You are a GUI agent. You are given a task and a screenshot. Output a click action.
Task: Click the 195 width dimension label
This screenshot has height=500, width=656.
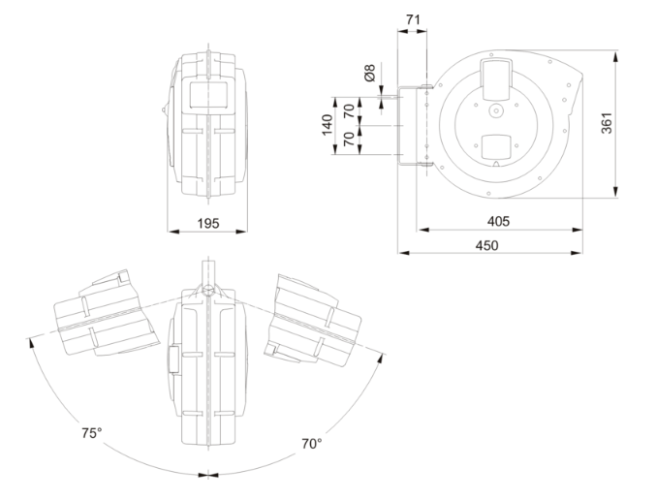click(206, 223)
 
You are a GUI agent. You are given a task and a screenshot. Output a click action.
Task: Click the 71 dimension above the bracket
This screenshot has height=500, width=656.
click(410, 17)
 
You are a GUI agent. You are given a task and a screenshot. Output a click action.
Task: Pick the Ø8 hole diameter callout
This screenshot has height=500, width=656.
click(369, 73)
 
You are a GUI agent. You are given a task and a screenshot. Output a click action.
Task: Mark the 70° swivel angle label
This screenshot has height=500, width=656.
click(311, 444)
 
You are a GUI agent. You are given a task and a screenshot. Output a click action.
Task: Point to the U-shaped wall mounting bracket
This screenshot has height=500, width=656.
click(412, 126)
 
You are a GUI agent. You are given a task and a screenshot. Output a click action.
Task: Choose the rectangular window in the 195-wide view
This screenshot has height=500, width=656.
click(208, 95)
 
